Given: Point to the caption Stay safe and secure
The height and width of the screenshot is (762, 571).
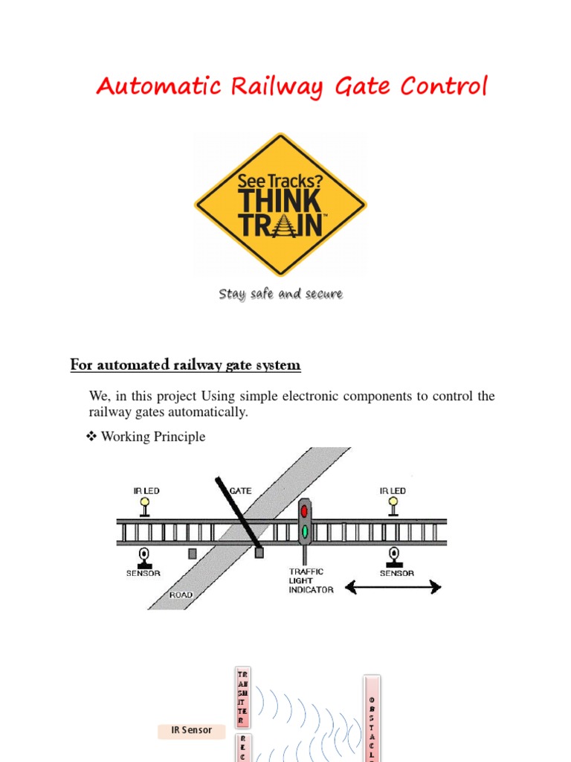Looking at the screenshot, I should (x=280, y=294).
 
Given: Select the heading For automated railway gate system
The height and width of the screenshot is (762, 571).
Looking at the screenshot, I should (x=185, y=365).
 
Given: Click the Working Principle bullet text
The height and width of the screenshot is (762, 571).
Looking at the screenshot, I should (x=152, y=437).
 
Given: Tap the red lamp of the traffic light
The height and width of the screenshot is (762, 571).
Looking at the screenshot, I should (x=303, y=511).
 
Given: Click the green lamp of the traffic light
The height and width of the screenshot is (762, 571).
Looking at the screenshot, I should (x=303, y=531).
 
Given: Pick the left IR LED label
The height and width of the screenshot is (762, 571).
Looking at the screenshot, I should (x=146, y=491).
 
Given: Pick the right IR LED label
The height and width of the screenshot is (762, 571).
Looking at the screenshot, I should (x=393, y=491).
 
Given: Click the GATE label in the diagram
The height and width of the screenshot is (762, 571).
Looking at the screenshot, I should (x=241, y=491).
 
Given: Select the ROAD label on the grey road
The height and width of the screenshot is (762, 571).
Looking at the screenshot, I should (x=181, y=595).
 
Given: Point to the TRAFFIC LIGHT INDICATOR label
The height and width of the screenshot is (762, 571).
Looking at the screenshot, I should (x=311, y=581).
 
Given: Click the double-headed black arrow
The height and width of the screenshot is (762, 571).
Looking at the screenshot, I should (x=393, y=588).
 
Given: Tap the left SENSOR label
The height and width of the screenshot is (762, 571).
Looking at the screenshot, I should (x=143, y=574).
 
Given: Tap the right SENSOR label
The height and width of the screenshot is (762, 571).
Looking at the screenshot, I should (x=397, y=574).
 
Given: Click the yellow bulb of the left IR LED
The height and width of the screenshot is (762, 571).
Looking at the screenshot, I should (x=144, y=502).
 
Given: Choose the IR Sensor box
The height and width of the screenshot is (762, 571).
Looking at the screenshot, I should (x=192, y=730).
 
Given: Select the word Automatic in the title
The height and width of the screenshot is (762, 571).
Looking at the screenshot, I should (x=159, y=88).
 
